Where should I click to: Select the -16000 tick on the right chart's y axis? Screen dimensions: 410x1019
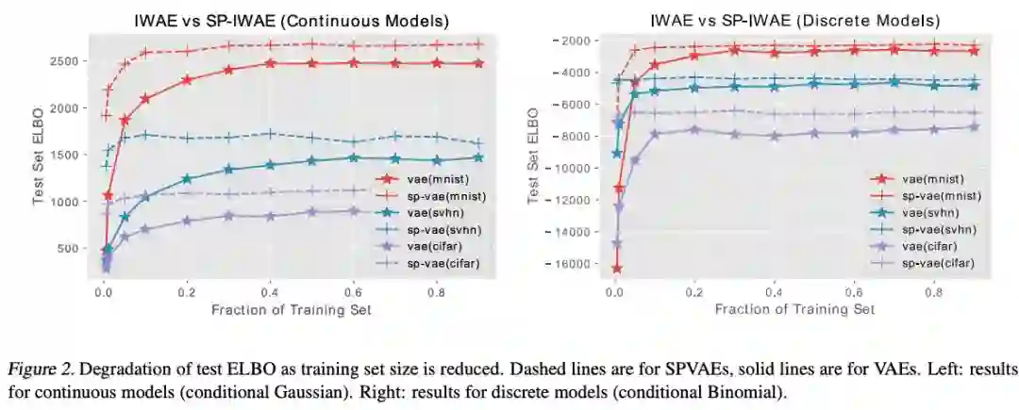[x=564, y=264]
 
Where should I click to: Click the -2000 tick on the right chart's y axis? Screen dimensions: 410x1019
[x=568, y=41]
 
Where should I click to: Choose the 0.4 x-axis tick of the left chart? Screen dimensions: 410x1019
[x=269, y=292]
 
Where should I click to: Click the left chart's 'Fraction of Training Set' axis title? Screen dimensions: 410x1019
[x=291, y=310]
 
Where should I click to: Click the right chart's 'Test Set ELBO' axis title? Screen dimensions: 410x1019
[x=532, y=155]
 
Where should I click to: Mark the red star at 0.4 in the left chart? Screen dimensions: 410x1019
[x=270, y=63]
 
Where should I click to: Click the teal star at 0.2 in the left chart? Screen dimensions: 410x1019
[x=187, y=178]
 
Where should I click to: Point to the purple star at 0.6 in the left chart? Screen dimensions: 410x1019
[x=354, y=210]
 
